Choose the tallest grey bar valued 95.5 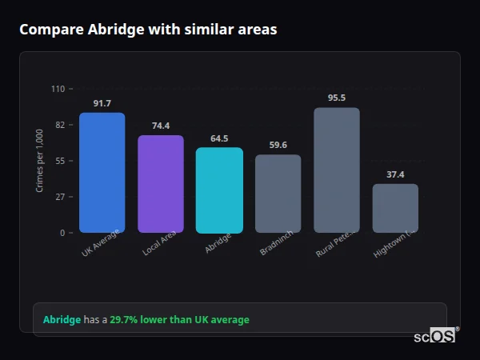(x=337, y=170)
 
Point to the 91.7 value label (x=102, y=104)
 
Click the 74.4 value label (x=161, y=126)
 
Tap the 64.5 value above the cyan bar (x=219, y=138)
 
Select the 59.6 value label (x=278, y=146)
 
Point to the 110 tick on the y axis (x=58, y=89)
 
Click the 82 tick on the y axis (x=60, y=125)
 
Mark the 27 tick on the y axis (x=60, y=197)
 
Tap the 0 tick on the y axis (x=62, y=233)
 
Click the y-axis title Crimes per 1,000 (x=40, y=161)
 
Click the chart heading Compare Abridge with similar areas (x=148, y=30)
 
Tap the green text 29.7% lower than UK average (x=179, y=320)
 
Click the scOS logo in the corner (x=435, y=336)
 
